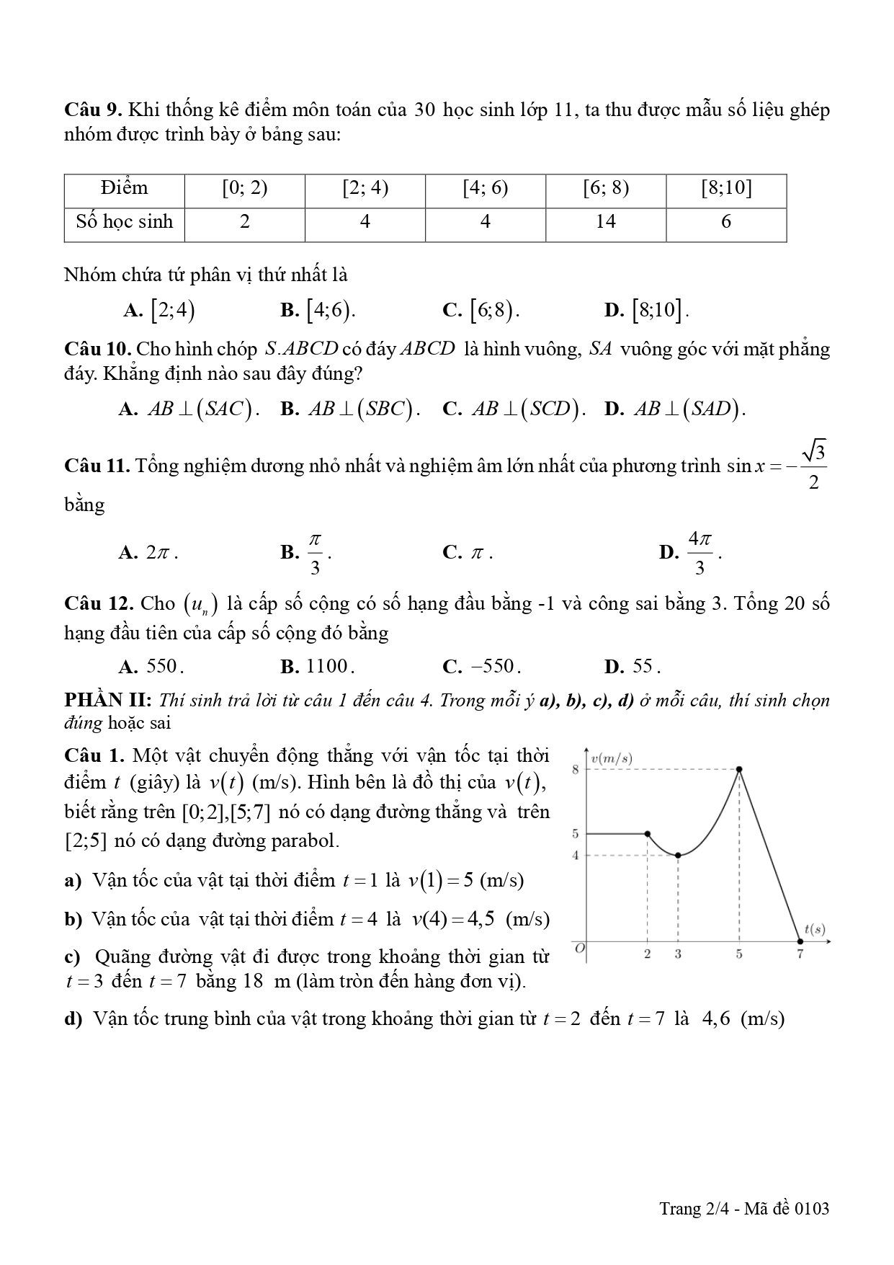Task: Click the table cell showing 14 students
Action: point(605,222)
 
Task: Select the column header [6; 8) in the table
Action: point(605,189)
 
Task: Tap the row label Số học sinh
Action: point(125,222)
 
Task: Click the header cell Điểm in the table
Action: point(125,189)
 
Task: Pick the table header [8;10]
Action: point(726,189)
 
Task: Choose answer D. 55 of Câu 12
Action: point(633,667)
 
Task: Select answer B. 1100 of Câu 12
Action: point(318,667)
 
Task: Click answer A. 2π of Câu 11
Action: point(148,553)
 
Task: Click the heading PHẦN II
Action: point(107,701)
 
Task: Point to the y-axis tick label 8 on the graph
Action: point(576,769)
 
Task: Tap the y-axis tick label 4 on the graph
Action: point(576,856)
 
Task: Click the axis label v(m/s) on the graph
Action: point(612,758)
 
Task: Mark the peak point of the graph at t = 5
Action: point(739,769)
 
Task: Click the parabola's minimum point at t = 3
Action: point(678,856)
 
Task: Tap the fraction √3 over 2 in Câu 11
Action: point(813,466)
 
